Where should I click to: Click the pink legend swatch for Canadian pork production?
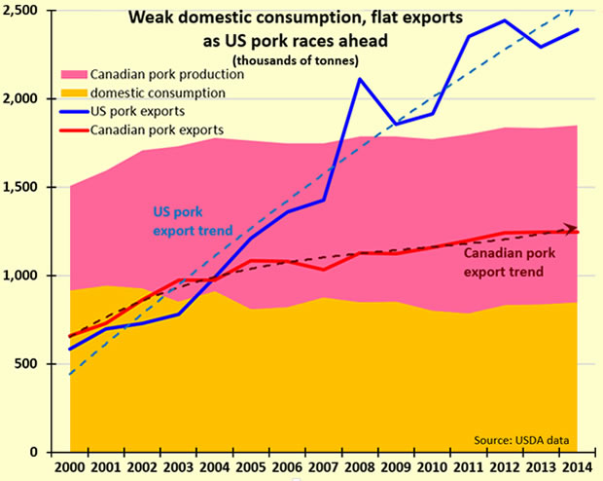click(x=77, y=75)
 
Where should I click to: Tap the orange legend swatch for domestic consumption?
click(x=77, y=93)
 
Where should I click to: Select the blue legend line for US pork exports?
click(x=77, y=112)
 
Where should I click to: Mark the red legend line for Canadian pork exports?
click(x=77, y=129)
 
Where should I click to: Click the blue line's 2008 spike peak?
click(x=360, y=79)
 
